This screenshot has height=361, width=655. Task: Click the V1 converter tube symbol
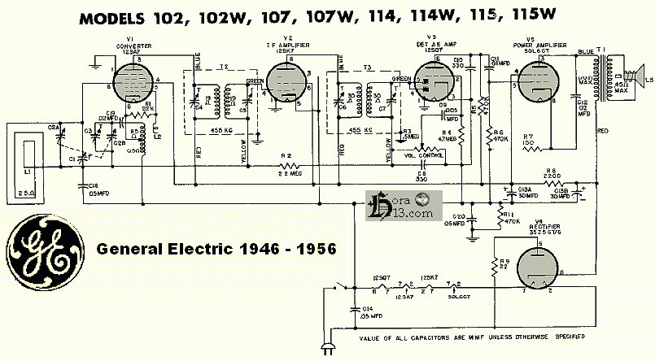pos(133,83)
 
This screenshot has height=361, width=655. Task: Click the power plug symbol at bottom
pos(330,347)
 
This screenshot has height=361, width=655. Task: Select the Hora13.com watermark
pos(403,207)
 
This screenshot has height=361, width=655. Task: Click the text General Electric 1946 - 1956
pos(216,248)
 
